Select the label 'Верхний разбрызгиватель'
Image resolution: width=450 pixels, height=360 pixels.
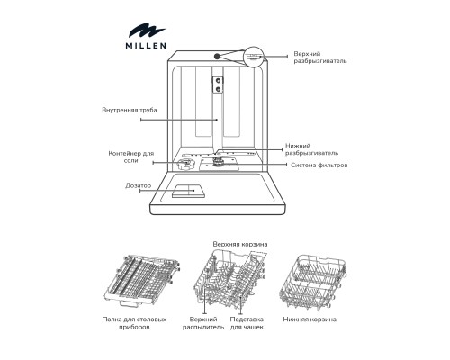click(319, 57)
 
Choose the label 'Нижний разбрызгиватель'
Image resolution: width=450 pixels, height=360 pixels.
click(311, 148)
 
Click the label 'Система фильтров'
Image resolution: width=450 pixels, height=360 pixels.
click(319, 166)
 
